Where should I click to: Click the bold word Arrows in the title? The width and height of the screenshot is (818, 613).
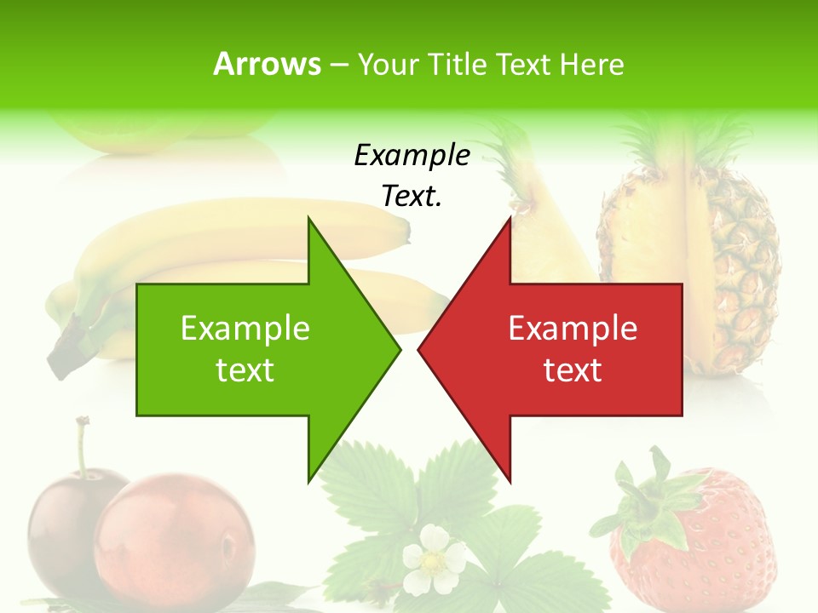267,64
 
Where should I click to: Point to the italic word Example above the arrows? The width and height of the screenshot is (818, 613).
412,155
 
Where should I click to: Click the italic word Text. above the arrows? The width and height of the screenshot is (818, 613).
412,196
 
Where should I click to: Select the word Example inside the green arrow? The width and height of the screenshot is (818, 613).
245,328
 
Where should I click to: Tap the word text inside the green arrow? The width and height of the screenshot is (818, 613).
245,370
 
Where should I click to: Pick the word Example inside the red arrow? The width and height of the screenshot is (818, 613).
573,328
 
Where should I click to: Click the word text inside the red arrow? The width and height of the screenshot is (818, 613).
573,370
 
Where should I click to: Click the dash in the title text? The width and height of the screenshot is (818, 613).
338,65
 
